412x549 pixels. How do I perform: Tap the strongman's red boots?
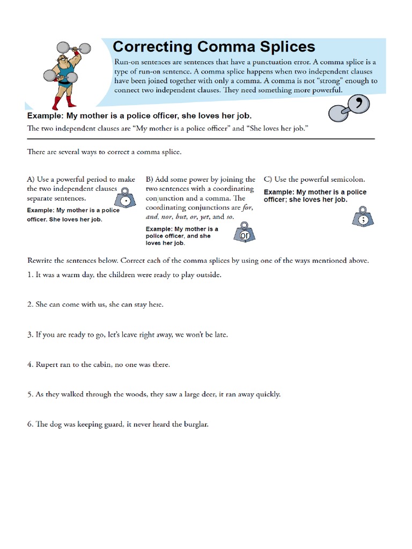(x=60, y=102)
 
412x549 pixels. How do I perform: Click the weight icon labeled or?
(x=245, y=234)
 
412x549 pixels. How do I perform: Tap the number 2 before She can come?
(x=30, y=305)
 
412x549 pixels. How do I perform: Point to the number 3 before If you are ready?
(x=30, y=335)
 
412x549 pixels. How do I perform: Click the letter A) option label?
(x=31, y=180)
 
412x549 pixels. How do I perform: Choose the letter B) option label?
(x=150, y=180)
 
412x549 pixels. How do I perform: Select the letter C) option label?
(x=268, y=180)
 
